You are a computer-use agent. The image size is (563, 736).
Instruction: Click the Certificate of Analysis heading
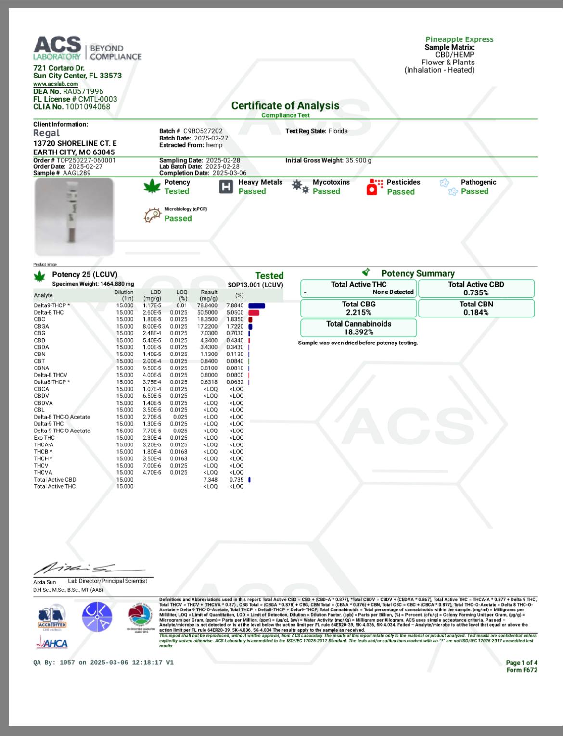pos(285,106)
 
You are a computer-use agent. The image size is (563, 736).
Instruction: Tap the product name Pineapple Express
pos(459,39)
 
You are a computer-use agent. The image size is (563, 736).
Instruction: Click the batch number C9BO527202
pos(203,131)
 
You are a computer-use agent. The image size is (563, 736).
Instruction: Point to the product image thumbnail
pos(74,216)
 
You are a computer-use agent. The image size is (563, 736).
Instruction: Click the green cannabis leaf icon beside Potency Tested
pos(152,187)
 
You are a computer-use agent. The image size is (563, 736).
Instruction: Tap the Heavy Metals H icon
pos(226,187)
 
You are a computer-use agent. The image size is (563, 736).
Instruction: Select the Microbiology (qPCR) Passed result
pos(178,218)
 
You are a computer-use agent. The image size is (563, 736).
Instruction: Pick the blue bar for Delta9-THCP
pos(256,305)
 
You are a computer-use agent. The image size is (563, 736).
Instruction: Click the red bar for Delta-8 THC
pos(254,313)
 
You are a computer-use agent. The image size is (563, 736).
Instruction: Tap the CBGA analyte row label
pos(41,326)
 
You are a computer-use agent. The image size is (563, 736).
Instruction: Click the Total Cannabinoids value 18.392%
pos(358,332)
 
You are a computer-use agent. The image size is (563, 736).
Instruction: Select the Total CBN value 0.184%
pos(476,312)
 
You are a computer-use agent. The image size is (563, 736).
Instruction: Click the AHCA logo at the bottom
pos(52,643)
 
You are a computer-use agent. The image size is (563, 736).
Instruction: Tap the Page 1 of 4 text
pos(522,663)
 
